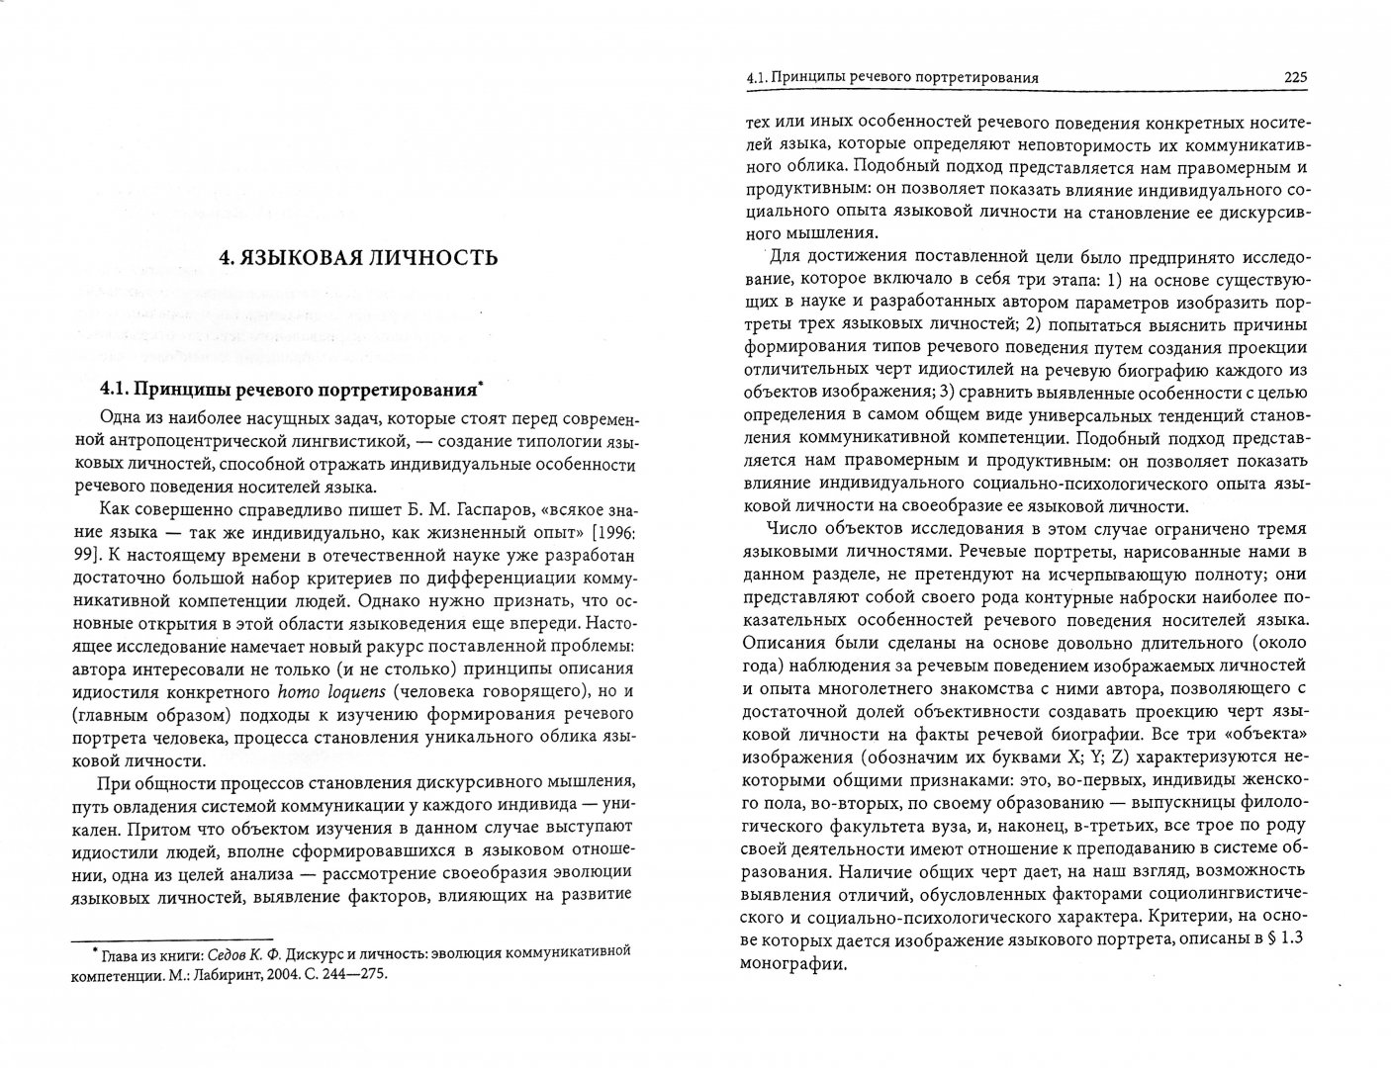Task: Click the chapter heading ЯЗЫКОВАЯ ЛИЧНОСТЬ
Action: coord(357,260)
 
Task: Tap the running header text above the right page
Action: coord(897,76)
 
